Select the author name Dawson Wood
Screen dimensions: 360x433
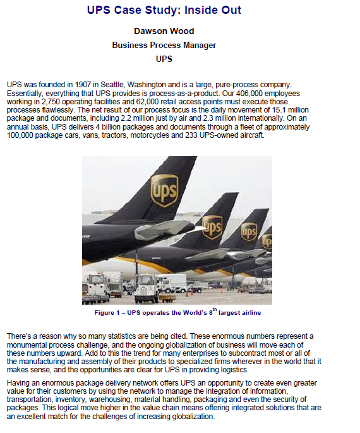tap(164, 31)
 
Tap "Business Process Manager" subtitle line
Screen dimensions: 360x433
tap(164, 45)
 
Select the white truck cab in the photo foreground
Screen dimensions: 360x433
tap(146, 288)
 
